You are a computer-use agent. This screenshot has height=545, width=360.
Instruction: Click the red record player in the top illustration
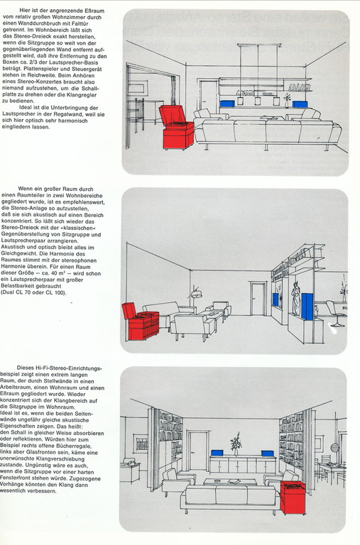(x=176, y=127)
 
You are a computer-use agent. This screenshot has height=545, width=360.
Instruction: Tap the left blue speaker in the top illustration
(x=227, y=104)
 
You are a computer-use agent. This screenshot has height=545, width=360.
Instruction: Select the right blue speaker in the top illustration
(x=300, y=104)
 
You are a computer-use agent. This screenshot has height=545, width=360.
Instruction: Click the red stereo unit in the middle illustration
(x=140, y=321)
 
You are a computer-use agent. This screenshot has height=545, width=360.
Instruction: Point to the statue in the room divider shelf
(x=296, y=299)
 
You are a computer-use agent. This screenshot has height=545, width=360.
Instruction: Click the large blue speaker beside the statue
(x=307, y=307)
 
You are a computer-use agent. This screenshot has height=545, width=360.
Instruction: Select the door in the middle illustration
(x=258, y=299)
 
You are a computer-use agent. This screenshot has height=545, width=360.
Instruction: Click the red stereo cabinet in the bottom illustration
(x=293, y=497)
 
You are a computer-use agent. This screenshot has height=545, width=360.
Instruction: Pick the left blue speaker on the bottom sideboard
(x=217, y=453)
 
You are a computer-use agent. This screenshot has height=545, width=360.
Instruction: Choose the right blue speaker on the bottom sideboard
(x=268, y=453)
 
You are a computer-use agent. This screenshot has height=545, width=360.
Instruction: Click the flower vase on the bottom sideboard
(x=236, y=444)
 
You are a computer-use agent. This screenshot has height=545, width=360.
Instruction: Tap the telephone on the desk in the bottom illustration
(x=131, y=462)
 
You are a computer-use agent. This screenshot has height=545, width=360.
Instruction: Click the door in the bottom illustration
(x=198, y=451)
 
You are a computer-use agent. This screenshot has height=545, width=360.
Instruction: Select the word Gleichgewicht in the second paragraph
(x=18, y=254)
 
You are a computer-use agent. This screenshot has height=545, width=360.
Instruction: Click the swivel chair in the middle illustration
(x=335, y=314)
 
